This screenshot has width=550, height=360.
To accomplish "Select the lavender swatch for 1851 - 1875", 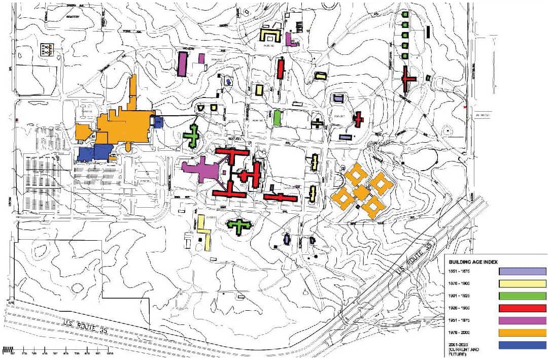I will pyautogui.click(x=523, y=271).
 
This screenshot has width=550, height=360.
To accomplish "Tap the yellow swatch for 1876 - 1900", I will pyautogui.click(x=523, y=283).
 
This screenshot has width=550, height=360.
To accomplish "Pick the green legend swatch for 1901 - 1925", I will pyautogui.click(x=523, y=296).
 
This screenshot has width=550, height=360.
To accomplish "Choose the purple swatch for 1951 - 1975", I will pyautogui.click(x=523, y=320).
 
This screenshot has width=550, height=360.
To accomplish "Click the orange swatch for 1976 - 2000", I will pyautogui.click(x=523, y=333).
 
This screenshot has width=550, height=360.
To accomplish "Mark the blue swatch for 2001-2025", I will pyautogui.click(x=523, y=345).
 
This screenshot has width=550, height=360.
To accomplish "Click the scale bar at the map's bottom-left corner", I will pyautogui.click(x=58, y=350).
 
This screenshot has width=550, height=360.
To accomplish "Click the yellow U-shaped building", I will pyautogui.click(x=270, y=35).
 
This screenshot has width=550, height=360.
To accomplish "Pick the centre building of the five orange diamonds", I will pyautogui.click(x=361, y=192).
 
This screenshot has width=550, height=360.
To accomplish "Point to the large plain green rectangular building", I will pyautogui.click(x=277, y=117).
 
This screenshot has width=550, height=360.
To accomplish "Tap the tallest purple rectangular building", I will pyautogui.click(x=183, y=64).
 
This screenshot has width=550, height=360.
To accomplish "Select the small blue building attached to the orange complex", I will pyautogui.click(x=157, y=121).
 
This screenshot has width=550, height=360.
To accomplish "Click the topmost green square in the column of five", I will pyautogui.click(x=405, y=15).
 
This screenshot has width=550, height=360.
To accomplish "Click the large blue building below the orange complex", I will pyautogui.click(x=96, y=152).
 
